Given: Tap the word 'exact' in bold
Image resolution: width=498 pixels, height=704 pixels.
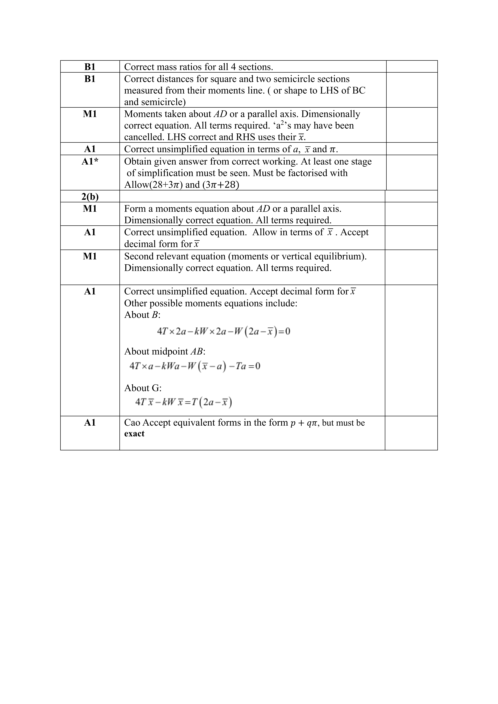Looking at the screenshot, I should pos(134,434).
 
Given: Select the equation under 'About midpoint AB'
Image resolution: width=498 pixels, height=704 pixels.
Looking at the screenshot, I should pos(195,366).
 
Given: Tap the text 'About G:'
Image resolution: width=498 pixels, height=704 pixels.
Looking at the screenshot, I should pos(143,388).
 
